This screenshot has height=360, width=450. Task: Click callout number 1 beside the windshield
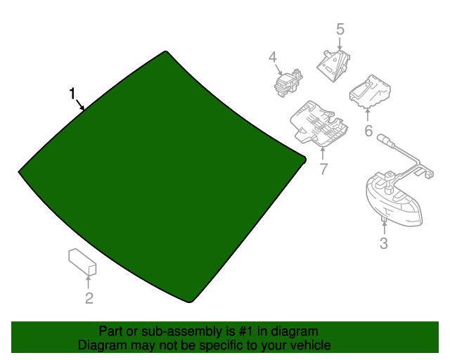coord(72,94)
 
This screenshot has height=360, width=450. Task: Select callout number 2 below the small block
coord(89,299)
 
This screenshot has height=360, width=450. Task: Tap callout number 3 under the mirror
coord(383,244)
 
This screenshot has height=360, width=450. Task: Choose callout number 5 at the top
coord(340,30)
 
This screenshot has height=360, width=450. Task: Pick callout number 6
coord(368,131)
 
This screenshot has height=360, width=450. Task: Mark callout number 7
coord(323,169)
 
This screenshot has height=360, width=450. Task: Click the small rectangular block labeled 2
coord(82,261)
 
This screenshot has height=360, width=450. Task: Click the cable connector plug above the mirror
coord(385,138)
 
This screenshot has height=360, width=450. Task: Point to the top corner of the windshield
coord(166,52)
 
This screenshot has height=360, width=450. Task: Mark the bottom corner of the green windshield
coord(190,302)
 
